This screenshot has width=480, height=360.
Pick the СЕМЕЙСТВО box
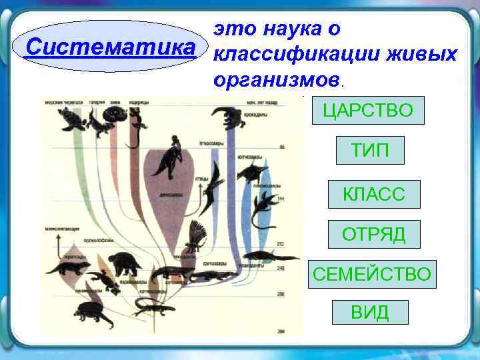(372, 274)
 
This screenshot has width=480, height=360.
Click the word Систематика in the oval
(111, 47)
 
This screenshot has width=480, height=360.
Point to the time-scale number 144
(281, 199)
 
